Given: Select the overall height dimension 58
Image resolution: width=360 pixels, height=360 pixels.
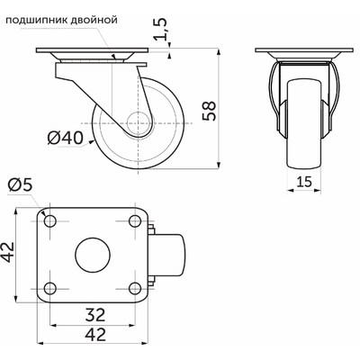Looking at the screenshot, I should click(x=210, y=109).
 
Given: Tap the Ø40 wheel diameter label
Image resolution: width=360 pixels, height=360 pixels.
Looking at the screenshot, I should click(x=64, y=138).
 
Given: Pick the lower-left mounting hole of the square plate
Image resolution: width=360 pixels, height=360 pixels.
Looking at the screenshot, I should click(x=49, y=289).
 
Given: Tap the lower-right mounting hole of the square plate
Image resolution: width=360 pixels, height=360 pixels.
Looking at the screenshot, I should click(x=136, y=289).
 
